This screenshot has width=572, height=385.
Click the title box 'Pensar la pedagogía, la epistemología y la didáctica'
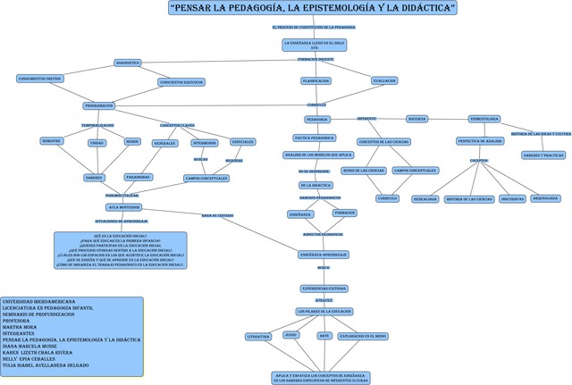(x=313, y=8)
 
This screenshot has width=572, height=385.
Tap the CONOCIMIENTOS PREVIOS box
(x=39, y=79)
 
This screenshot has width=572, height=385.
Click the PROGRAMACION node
(x=98, y=105)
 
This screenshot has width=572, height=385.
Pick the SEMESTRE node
(x=51, y=141)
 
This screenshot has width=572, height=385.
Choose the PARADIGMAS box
(x=138, y=176)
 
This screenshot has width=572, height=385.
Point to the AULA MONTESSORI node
(x=125, y=206)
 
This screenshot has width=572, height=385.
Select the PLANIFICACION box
(x=315, y=80)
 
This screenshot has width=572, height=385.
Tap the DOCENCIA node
(x=416, y=118)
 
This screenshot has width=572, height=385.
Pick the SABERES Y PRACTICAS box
(x=543, y=155)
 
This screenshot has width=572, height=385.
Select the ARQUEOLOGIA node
(x=545, y=198)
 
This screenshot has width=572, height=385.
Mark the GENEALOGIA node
(x=425, y=198)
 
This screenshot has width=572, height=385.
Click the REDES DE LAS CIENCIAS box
(x=363, y=170)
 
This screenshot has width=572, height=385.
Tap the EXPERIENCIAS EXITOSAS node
(x=324, y=289)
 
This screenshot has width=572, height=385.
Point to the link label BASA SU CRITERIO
(x=217, y=215)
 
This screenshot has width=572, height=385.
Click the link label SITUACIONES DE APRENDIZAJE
(x=122, y=221)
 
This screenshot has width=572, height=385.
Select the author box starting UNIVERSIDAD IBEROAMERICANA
(x=71, y=334)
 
